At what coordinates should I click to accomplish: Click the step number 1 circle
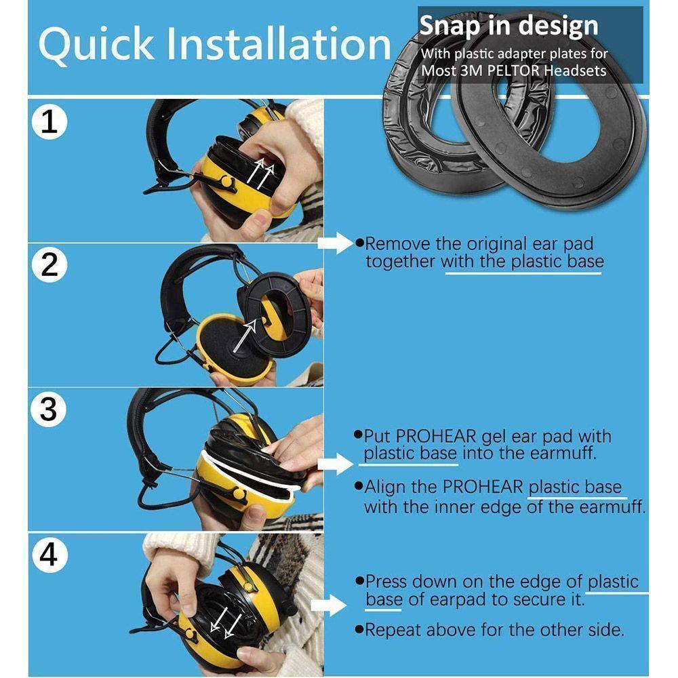[49, 121]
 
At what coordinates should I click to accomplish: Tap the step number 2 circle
[49, 264]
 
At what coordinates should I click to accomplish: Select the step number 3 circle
[48, 409]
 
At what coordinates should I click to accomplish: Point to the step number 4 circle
[49, 555]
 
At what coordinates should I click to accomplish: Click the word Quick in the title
[96, 45]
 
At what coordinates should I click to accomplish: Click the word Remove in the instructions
[398, 244]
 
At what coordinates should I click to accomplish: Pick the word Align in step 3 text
[385, 487]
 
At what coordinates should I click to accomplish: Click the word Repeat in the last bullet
[395, 631]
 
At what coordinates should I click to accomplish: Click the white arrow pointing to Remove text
[336, 243]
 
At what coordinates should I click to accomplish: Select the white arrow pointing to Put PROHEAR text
[336, 464]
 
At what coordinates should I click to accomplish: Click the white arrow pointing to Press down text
[329, 605]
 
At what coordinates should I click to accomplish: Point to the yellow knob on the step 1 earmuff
[226, 182]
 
